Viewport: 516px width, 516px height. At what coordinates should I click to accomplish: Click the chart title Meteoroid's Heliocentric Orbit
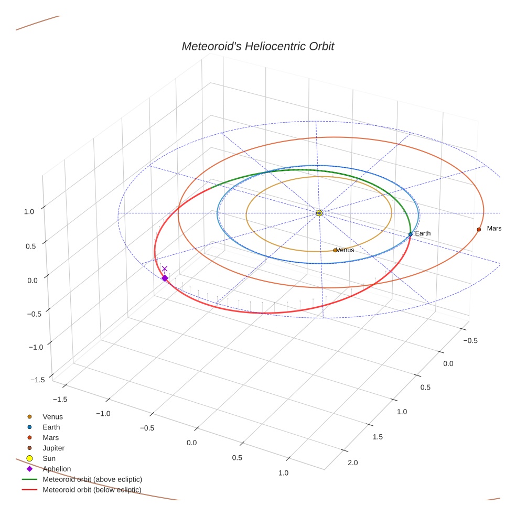click(x=257, y=46)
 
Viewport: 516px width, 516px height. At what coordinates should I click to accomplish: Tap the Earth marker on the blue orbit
click(x=410, y=234)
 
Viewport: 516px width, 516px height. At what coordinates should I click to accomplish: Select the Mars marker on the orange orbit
click(x=479, y=229)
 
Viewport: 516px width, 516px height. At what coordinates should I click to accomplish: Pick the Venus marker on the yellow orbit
click(x=335, y=250)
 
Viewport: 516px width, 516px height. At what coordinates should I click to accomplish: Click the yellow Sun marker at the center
click(x=319, y=213)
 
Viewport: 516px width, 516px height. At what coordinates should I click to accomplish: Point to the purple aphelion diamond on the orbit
click(x=165, y=278)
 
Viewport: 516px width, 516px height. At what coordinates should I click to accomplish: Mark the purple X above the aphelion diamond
click(x=165, y=269)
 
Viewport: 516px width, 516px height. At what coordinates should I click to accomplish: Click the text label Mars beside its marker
click(x=494, y=229)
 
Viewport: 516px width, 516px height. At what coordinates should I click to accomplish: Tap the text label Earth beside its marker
click(x=423, y=233)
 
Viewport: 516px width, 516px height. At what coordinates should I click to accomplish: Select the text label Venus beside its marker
click(x=346, y=250)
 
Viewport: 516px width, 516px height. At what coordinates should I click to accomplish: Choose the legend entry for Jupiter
click(x=53, y=448)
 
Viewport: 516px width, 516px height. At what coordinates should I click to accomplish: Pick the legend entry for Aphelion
click(x=57, y=469)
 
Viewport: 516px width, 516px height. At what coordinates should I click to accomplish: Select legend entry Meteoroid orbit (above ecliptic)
click(x=92, y=479)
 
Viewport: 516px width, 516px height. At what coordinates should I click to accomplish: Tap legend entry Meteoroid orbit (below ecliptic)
click(x=92, y=490)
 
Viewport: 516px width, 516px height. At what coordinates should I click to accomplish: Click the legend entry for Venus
click(x=52, y=416)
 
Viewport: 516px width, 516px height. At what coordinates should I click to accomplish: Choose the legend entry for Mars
click(x=51, y=437)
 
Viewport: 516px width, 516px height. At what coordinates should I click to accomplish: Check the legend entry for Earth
click(x=51, y=427)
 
